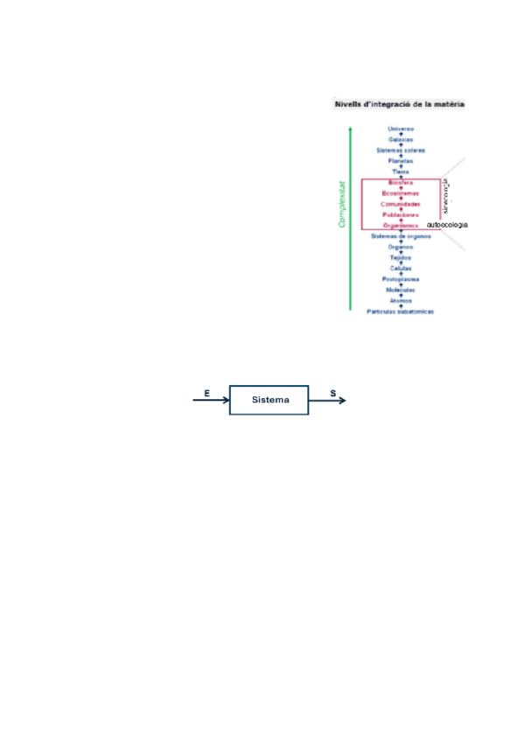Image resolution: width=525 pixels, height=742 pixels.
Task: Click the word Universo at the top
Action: pyautogui.click(x=402, y=129)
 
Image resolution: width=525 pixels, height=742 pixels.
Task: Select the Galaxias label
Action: pyautogui.click(x=402, y=139)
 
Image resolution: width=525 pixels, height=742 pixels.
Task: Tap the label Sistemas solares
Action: pyautogui.click(x=402, y=150)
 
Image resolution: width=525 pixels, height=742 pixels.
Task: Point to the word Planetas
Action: pyautogui.click(x=402, y=161)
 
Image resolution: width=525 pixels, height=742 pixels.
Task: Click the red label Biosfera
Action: pyautogui.click(x=402, y=182)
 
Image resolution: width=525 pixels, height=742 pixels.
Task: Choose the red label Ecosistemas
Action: pyautogui.click(x=402, y=192)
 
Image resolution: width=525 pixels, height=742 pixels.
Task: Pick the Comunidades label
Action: pyautogui.click(x=402, y=204)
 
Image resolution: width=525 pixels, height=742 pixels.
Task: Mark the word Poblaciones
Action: pyautogui.click(x=402, y=214)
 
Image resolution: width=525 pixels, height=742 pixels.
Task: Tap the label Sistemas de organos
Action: pyautogui.click(x=402, y=236)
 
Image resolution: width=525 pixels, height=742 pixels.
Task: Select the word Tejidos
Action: pyautogui.click(x=402, y=257)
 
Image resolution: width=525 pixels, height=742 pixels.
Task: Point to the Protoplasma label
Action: pyautogui.click(x=402, y=279)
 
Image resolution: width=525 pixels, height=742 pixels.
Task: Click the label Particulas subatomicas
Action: pyautogui.click(x=402, y=311)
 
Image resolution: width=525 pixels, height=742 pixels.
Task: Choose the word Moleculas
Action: pyautogui.click(x=402, y=290)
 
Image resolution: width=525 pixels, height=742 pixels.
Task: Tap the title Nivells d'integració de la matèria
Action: pyautogui.click(x=400, y=104)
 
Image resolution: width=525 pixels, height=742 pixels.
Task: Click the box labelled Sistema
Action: pyautogui.click(x=269, y=400)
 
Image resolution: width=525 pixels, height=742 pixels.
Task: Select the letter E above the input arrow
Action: pyautogui.click(x=206, y=394)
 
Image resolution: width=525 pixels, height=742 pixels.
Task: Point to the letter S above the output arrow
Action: pyautogui.click(x=333, y=394)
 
